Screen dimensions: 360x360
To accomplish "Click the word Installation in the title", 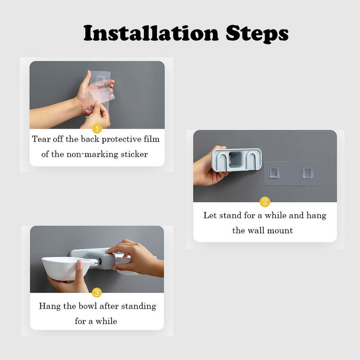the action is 151,33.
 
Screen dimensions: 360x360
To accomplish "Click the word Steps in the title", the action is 257,34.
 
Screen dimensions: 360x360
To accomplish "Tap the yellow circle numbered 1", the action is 97,129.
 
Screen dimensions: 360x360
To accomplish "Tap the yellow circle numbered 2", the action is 265,202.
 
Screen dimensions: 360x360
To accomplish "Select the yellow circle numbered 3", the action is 97,292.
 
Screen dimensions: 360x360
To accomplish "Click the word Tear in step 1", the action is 41,139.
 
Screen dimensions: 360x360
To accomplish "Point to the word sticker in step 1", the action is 134,154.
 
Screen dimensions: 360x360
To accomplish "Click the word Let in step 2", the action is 208,216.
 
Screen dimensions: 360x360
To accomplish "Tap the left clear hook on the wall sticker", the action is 274,173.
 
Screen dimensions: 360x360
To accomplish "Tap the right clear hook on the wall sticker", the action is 307,173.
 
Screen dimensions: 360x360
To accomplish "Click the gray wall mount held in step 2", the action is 237,160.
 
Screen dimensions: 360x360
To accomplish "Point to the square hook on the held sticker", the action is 100,81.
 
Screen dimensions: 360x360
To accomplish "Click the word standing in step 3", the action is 139,306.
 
